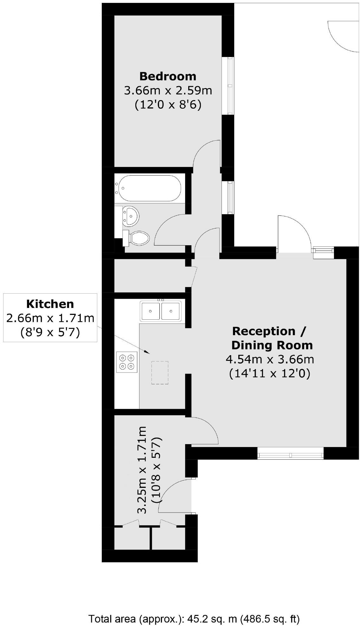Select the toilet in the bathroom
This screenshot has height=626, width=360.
coord(139,238)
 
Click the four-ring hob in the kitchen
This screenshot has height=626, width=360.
coord(127,362)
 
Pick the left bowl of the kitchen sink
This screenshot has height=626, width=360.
coord(150,311)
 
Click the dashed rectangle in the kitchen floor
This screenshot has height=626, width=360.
coord(160,373)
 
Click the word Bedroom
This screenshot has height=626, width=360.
coord(168,76)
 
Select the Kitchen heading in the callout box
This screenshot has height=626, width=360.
coord(50,304)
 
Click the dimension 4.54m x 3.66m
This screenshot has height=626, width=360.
coord(270,359)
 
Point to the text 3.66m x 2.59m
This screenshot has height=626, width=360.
coord(168,91)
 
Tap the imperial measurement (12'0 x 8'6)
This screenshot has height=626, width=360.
coord(168,105)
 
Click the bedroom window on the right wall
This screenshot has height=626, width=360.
coord(231,86)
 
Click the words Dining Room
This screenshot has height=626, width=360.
coord(272,345)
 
